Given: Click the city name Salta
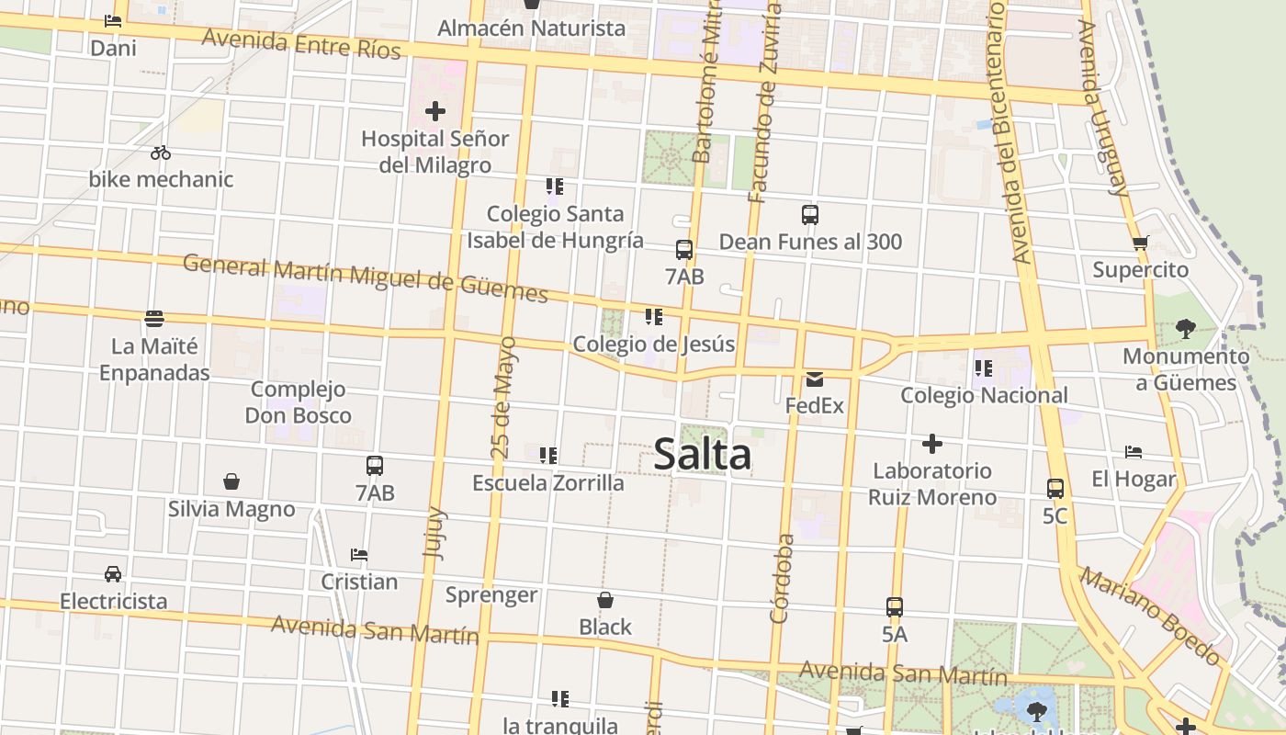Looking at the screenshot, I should (x=703, y=455).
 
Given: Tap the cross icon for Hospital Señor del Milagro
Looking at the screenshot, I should (x=435, y=112).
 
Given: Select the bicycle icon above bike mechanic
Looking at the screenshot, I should (x=161, y=153).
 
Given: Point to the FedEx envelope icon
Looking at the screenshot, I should (x=814, y=379).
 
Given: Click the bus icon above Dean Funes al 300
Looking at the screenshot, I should (x=809, y=215).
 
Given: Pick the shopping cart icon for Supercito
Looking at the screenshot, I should (x=1140, y=243).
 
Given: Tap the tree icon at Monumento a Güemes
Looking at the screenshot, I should (x=1185, y=329).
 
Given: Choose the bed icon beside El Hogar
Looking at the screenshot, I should (x=1134, y=452).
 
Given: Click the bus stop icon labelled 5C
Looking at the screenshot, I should (x=1055, y=489).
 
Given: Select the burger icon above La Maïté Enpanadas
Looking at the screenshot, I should (x=154, y=319).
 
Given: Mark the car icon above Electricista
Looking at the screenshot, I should (x=113, y=574).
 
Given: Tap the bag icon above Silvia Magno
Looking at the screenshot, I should (x=231, y=481).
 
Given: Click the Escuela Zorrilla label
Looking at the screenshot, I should (x=548, y=483).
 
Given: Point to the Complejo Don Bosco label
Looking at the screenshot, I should (x=298, y=402).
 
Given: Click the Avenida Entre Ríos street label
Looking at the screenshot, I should (x=301, y=42).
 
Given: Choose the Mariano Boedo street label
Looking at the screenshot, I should (x=1150, y=616).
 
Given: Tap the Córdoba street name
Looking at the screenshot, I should (x=783, y=579).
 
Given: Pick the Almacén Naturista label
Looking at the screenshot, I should (x=531, y=28).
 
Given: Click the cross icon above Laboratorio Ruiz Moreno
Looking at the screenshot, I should (x=932, y=445).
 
